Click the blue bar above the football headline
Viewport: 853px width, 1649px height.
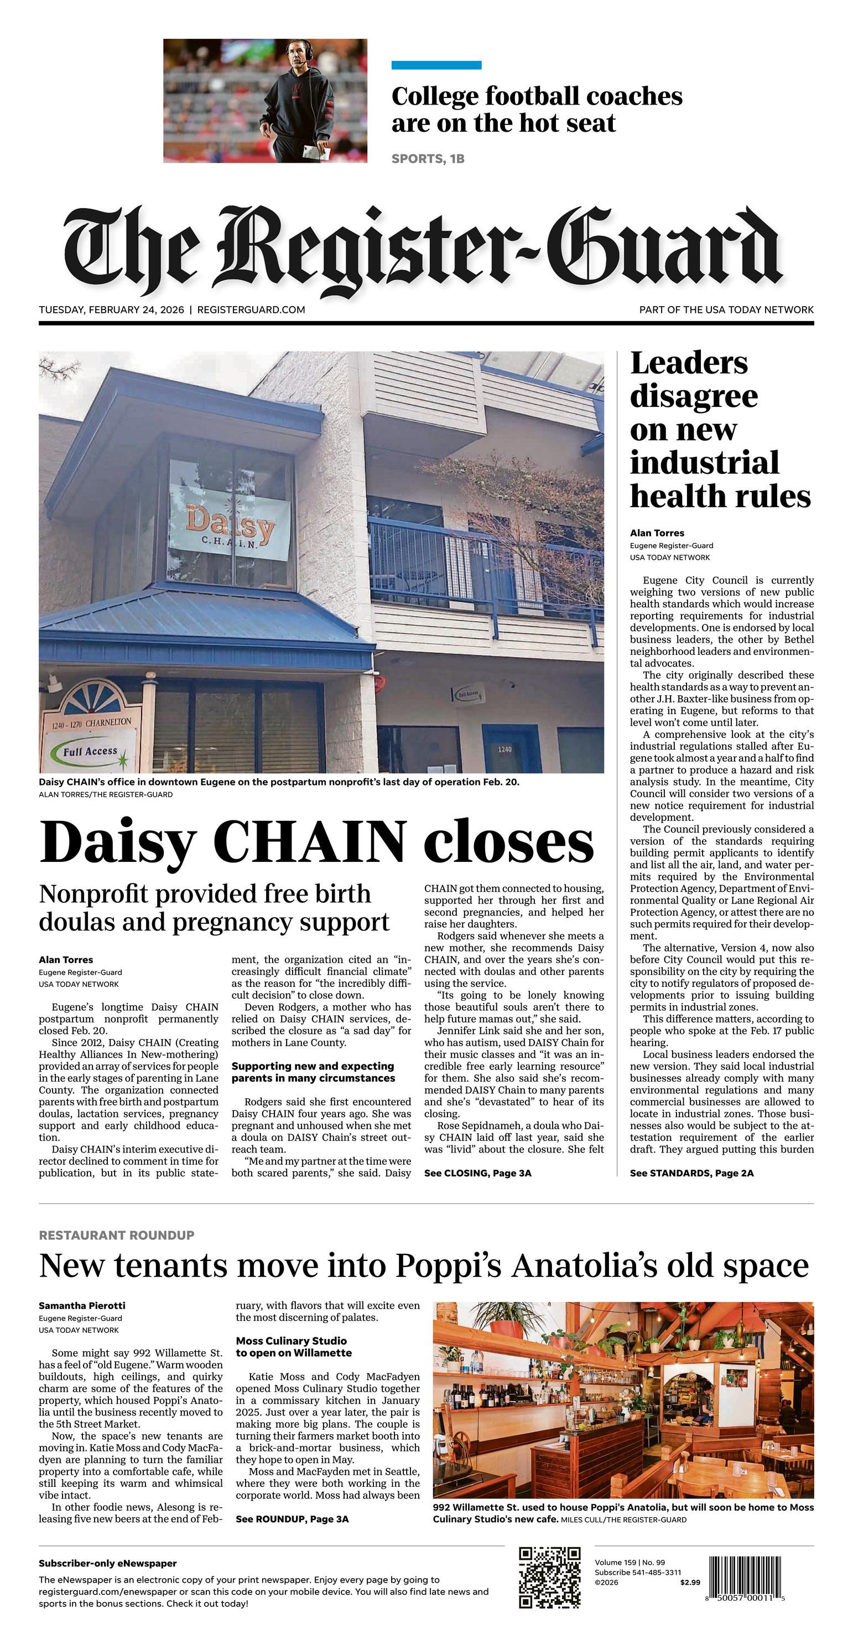click(x=436, y=65)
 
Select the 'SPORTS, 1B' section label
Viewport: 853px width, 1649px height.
click(x=428, y=159)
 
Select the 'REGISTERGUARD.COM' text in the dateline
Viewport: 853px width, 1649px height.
click(x=251, y=310)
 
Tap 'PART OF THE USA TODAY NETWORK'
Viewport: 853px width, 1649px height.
click(x=726, y=310)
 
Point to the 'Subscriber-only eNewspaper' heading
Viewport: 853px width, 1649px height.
click(x=107, y=1563)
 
